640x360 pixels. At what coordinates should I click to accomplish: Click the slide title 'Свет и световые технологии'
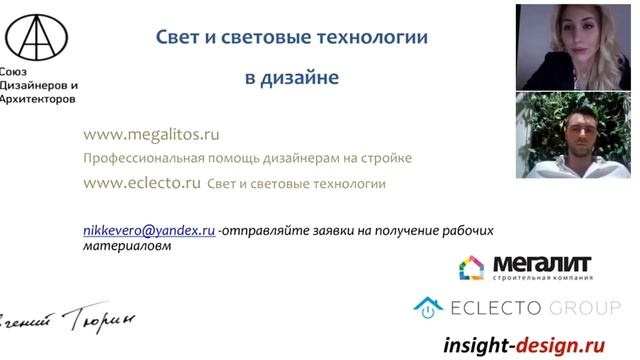click(x=292, y=37)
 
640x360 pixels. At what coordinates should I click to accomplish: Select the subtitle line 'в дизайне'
click(x=292, y=76)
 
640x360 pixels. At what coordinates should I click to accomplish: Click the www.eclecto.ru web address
click(x=142, y=183)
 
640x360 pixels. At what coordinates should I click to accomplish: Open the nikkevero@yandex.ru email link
click(x=149, y=229)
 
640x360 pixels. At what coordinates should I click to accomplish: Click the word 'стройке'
click(x=388, y=158)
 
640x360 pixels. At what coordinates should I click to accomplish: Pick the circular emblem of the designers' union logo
click(x=37, y=36)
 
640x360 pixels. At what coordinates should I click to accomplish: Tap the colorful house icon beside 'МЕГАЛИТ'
click(x=471, y=267)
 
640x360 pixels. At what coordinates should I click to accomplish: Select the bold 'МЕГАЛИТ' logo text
click(x=541, y=265)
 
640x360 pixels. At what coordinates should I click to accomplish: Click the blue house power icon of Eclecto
click(x=429, y=307)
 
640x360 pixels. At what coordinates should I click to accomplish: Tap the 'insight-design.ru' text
click(x=525, y=344)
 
